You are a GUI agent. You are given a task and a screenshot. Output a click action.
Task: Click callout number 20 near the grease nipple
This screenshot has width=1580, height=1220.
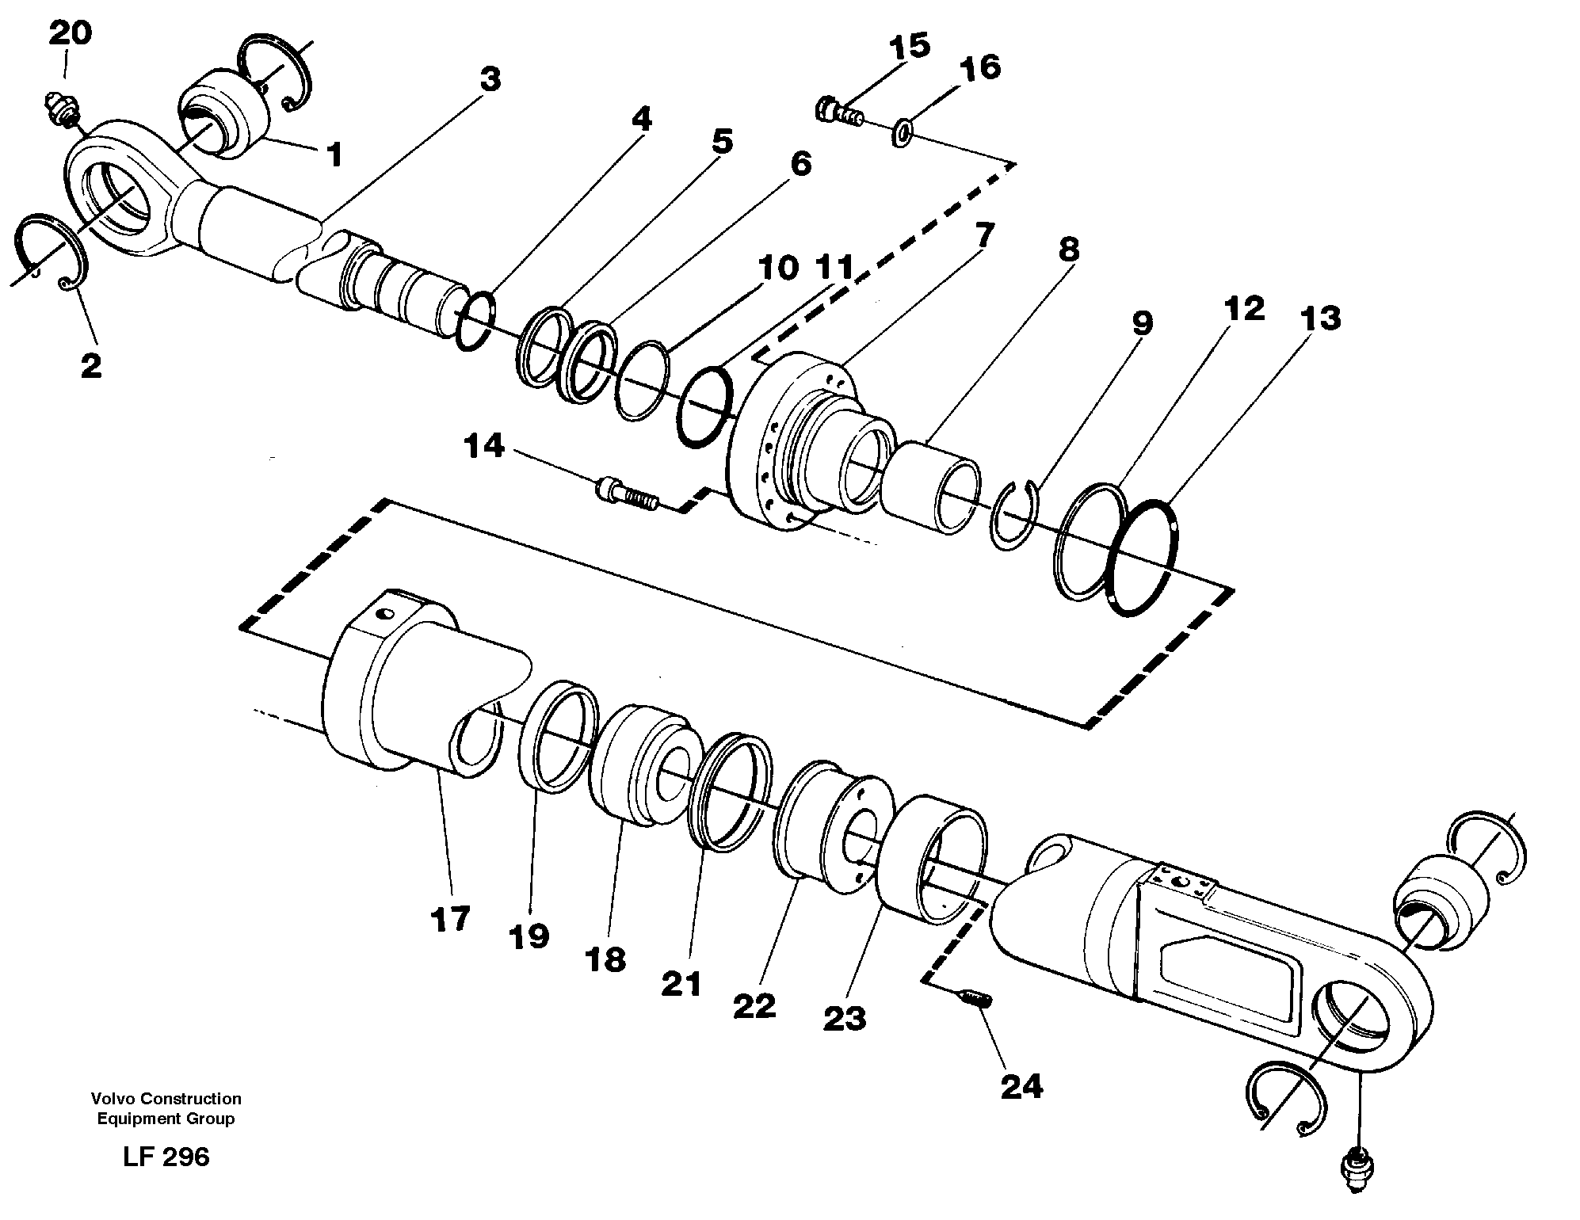[71, 33]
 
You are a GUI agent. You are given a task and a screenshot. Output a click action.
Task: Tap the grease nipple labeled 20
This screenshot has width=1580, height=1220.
[61, 109]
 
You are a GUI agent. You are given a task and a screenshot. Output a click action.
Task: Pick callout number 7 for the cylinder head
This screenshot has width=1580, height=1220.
[983, 234]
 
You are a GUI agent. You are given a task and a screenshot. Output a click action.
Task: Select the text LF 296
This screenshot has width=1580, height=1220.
[166, 1157]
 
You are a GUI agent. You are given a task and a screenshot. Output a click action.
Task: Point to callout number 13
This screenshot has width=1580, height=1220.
[1319, 318]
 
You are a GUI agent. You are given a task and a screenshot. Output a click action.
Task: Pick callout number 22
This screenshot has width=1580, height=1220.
[754, 1006]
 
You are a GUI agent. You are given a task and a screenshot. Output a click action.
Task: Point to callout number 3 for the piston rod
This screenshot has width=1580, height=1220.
[490, 79]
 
